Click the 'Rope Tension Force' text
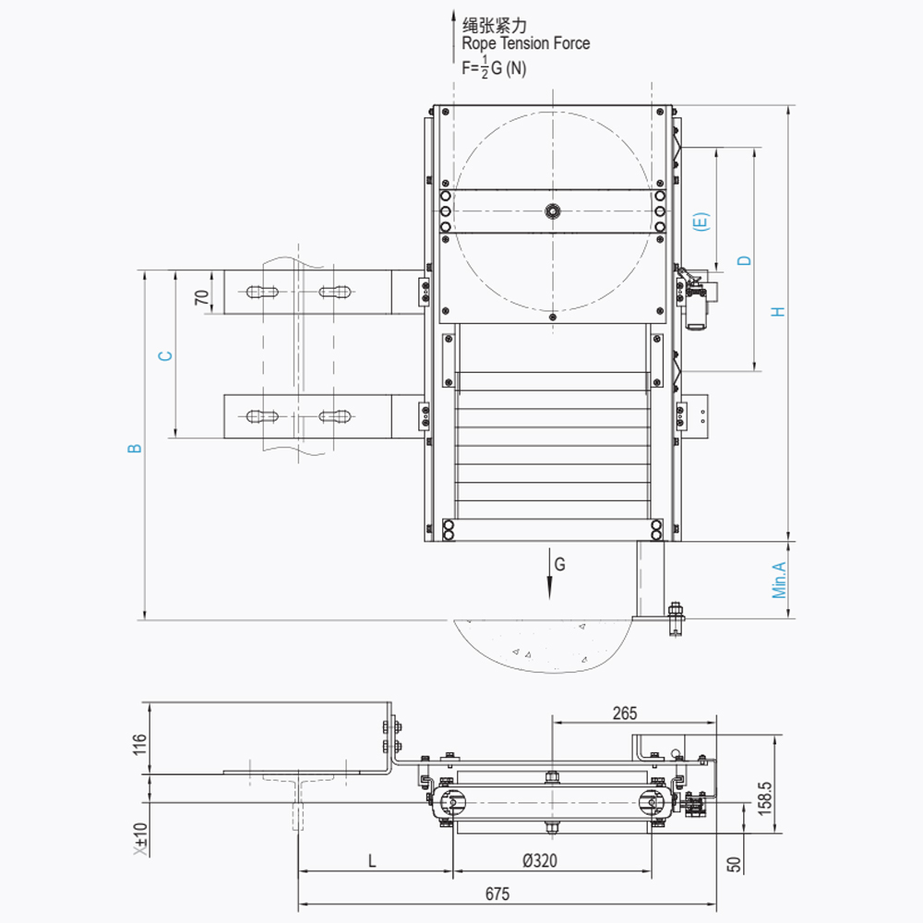(x=525, y=43)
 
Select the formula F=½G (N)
(x=494, y=67)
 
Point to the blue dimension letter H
(x=780, y=311)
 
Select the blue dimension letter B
(x=136, y=448)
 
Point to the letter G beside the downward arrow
(x=559, y=562)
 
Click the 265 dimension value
(x=625, y=713)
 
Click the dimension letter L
(x=372, y=861)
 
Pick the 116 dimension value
(x=139, y=744)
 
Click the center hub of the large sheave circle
(x=552, y=210)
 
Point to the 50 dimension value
(x=734, y=865)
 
